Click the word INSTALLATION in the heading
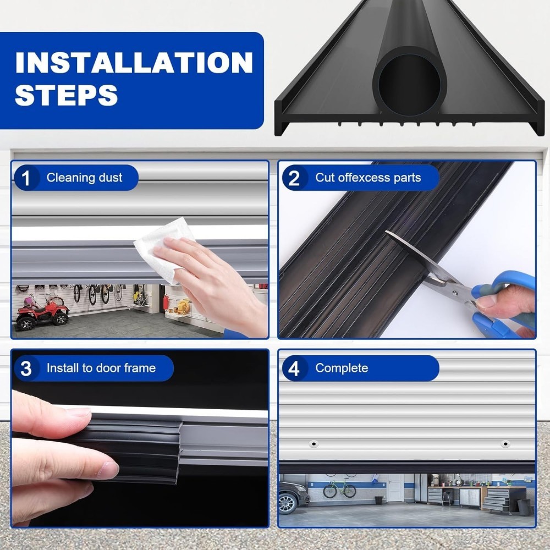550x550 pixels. [x=134, y=63]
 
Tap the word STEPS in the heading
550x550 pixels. [x=66, y=95]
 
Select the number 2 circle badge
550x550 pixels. [x=295, y=178]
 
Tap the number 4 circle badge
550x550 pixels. [x=295, y=369]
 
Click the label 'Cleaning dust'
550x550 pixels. [x=84, y=178]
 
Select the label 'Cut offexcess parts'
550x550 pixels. [x=367, y=178]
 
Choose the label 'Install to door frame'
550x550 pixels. [x=101, y=369]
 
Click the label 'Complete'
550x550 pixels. [x=341, y=369]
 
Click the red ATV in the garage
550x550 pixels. [x=42, y=312]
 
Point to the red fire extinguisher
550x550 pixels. [x=166, y=301]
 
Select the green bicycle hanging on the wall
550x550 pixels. [x=339, y=489]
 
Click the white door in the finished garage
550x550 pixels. [x=396, y=488]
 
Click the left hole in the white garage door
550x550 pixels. [x=313, y=444]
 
